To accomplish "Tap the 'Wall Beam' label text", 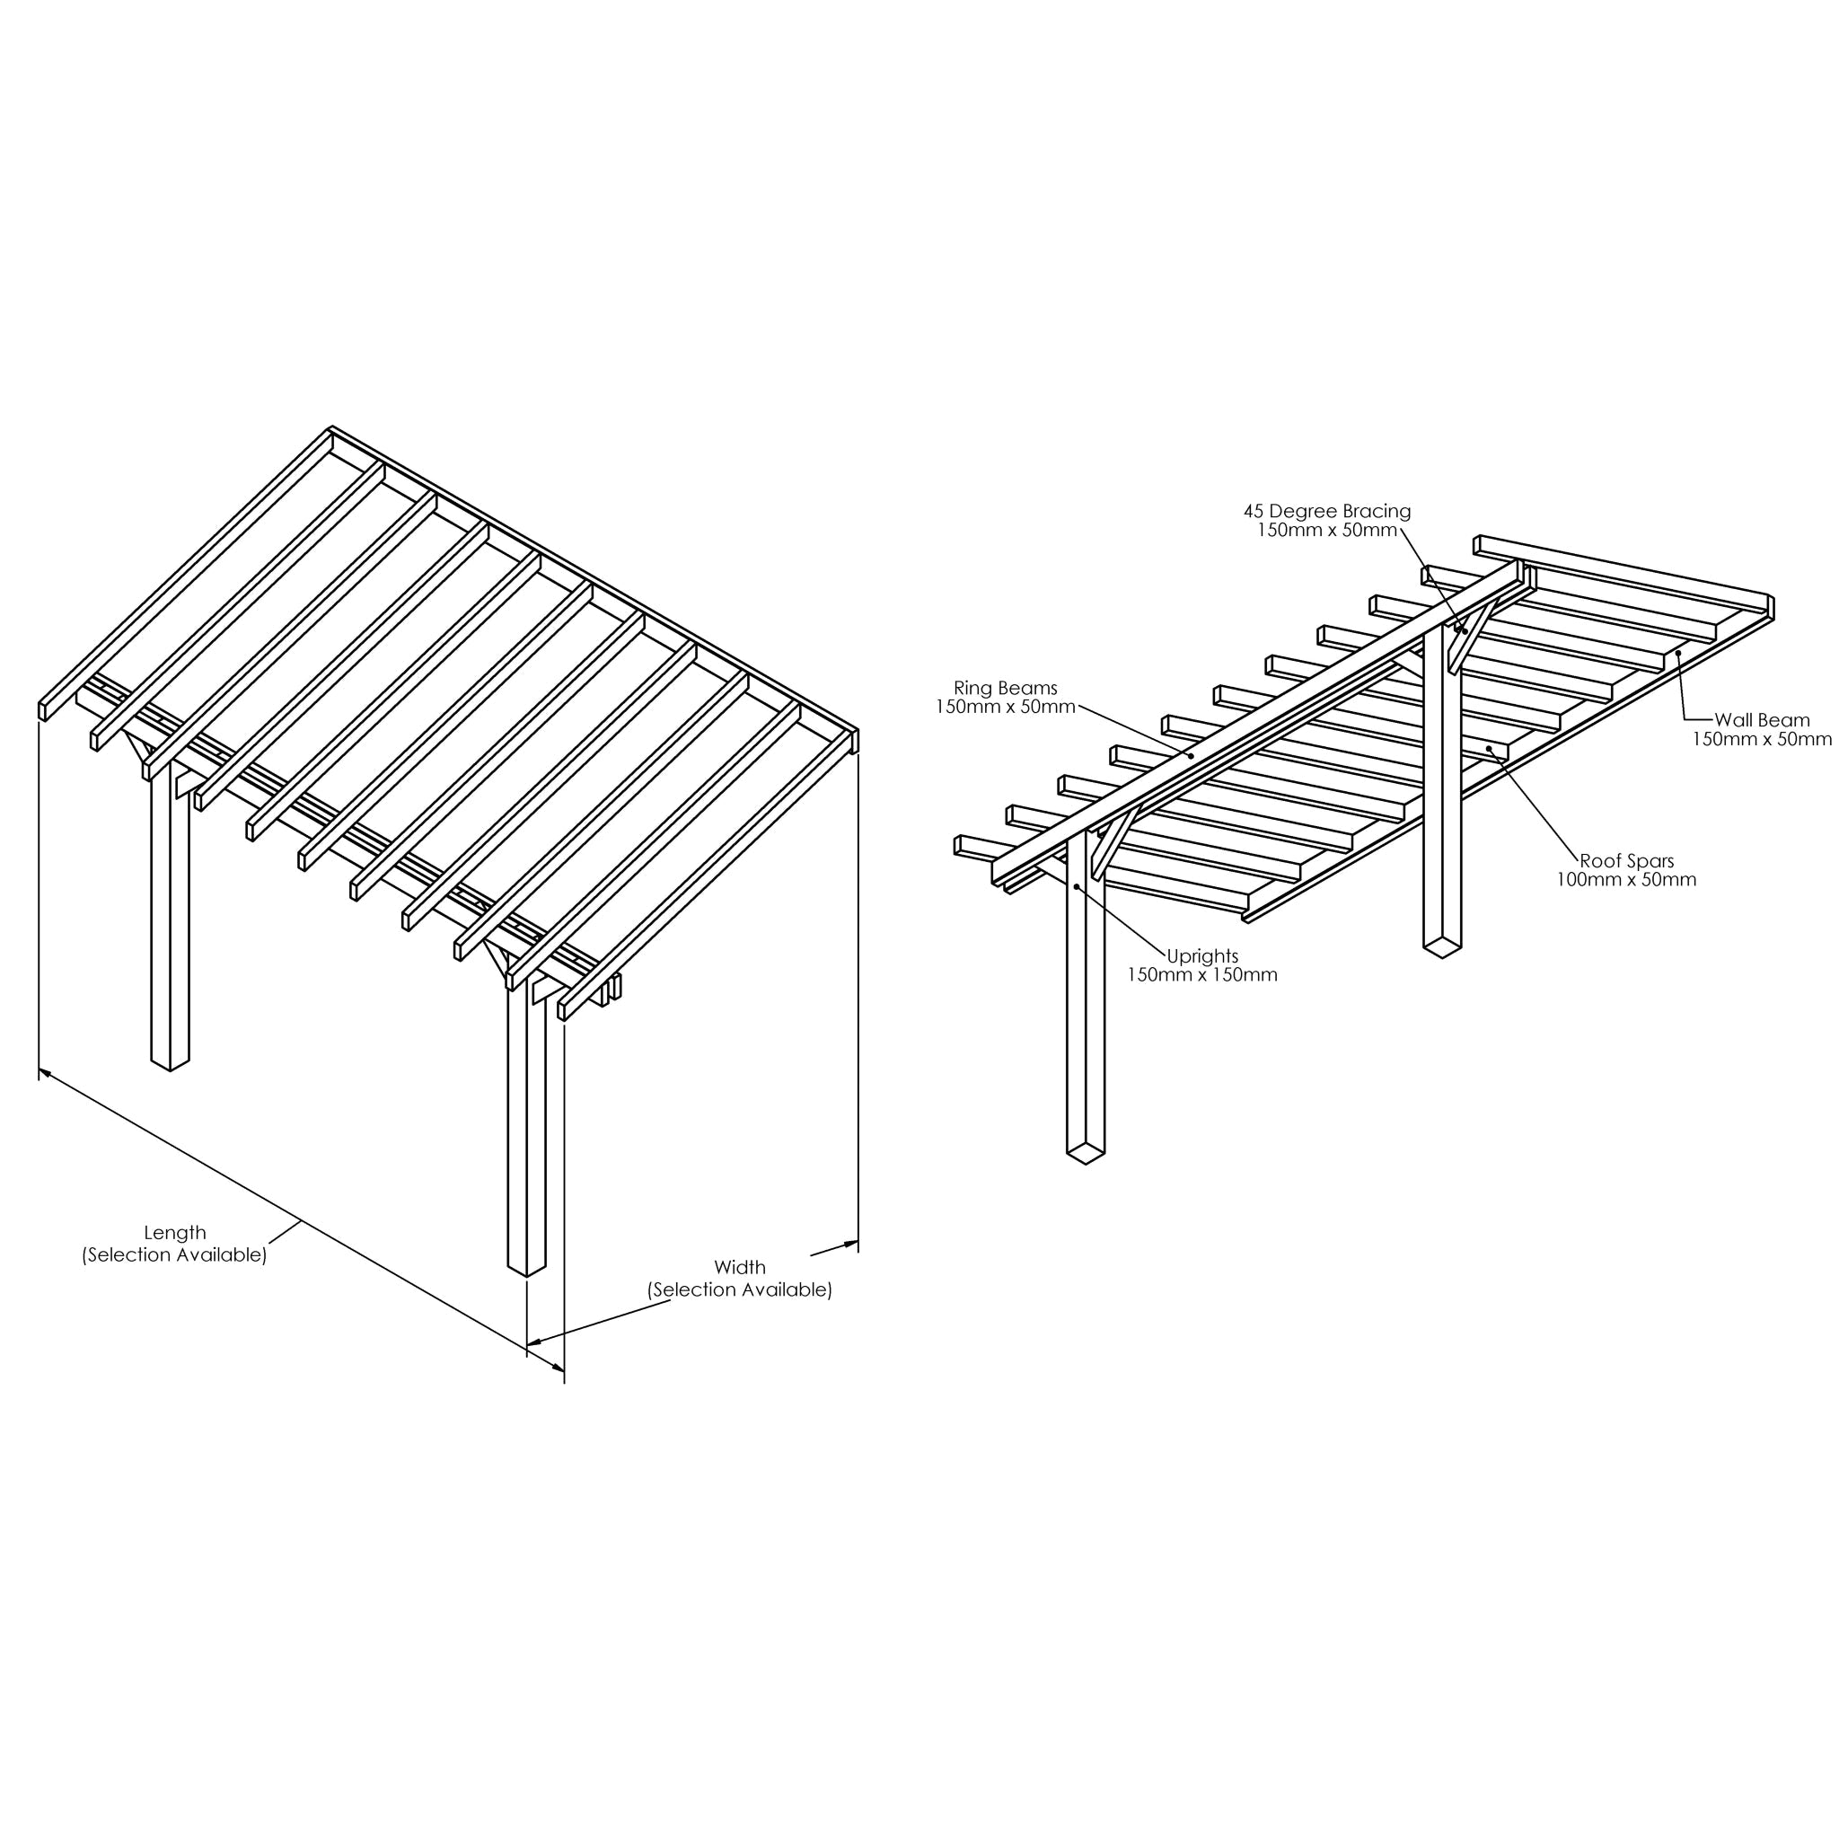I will pos(1762,720).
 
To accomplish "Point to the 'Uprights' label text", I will pos(1202,956).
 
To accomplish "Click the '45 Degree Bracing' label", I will pos(1327,511).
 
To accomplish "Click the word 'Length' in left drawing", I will pos(174,1234).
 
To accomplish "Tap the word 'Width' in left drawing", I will pos(740,1268).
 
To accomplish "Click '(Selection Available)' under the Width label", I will pos(740,1290).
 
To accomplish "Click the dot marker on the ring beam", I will pos(1190,756).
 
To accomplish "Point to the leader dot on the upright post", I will pos(1077,886).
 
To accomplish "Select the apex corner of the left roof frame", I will pos(331,429).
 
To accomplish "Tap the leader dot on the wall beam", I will pos(1678,653).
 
